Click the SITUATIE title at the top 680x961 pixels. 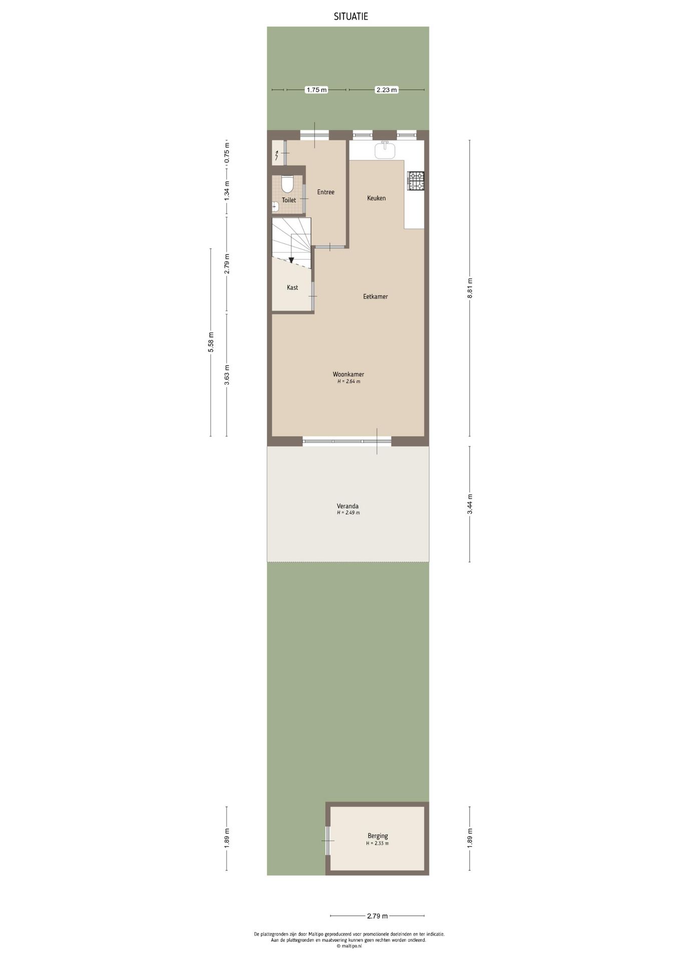click(351, 17)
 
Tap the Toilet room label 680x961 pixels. click(289, 200)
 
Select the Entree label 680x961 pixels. click(326, 192)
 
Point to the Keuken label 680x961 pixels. click(377, 198)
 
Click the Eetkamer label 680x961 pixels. click(376, 297)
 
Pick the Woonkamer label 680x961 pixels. click(349, 374)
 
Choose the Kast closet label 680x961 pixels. click(292, 288)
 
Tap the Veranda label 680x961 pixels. click(348, 506)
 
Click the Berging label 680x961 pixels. click(378, 836)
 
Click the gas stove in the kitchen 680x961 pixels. click(416, 181)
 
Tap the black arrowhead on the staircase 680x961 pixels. click(291, 260)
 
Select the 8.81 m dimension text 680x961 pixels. click(470, 288)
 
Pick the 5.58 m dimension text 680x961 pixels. click(211, 342)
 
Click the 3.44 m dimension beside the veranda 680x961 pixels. click(470, 504)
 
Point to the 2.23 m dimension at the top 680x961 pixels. click(386, 90)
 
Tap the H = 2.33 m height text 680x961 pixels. click(377, 843)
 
